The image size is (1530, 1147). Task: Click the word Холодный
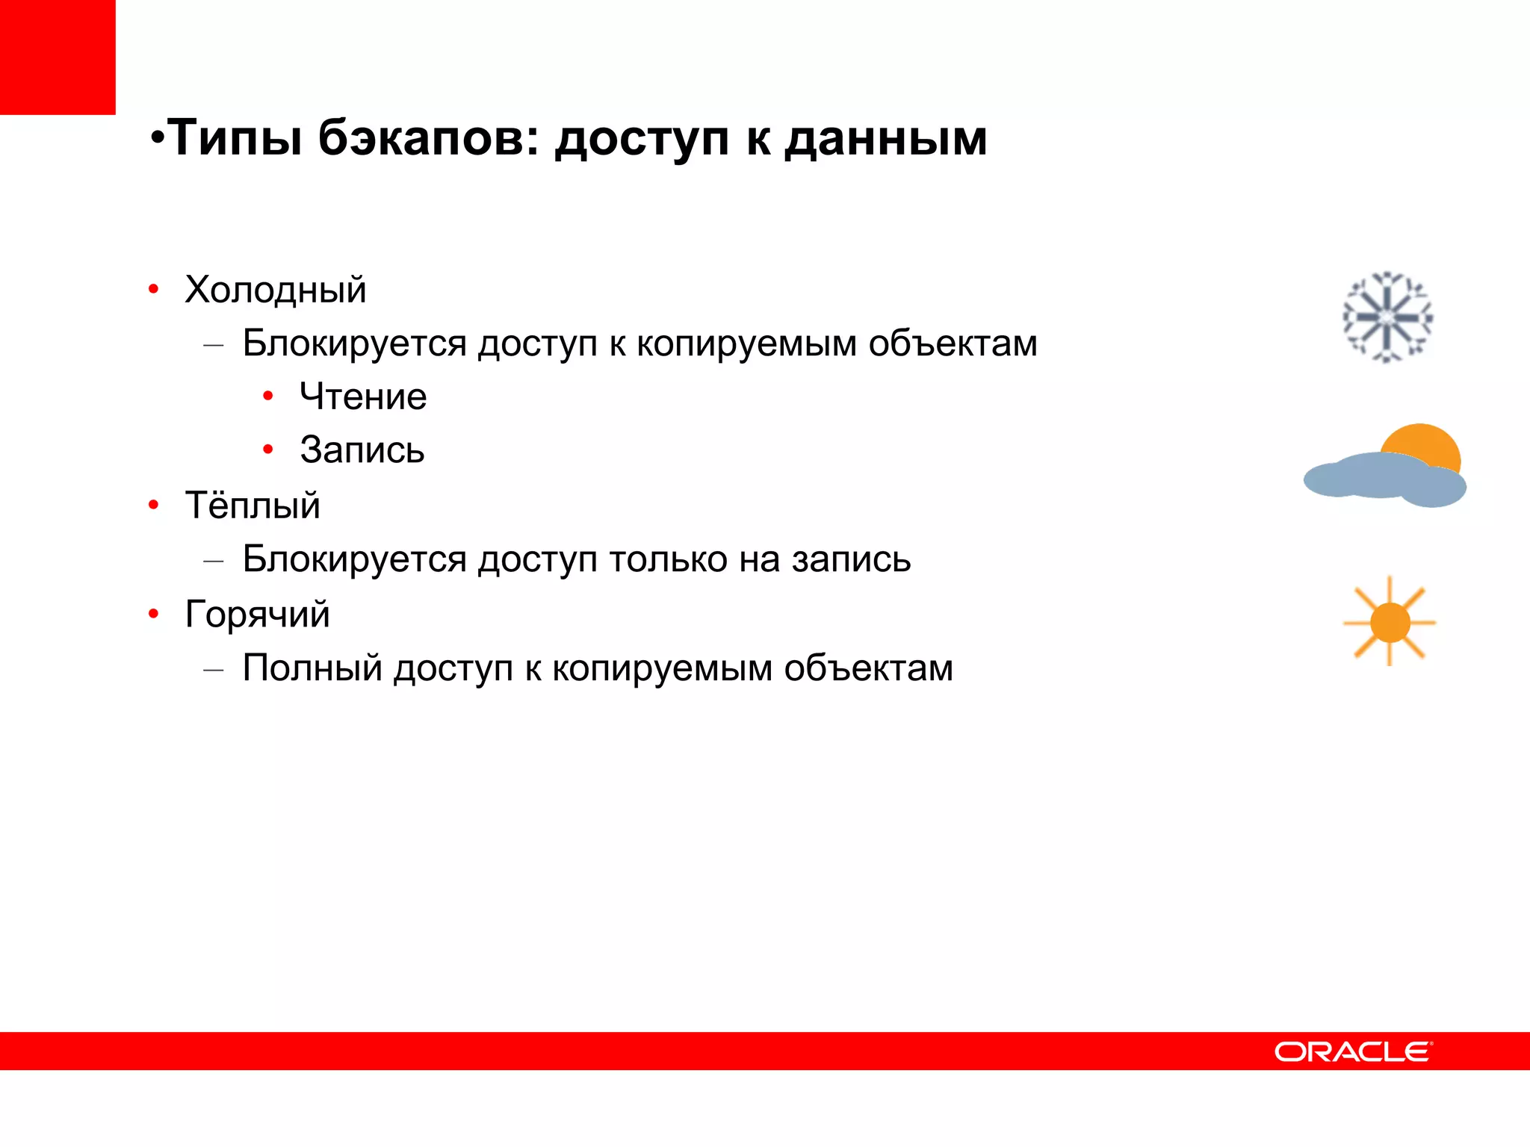point(276,290)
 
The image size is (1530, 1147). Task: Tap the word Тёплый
point(253,506)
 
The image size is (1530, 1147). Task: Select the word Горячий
point(257,615)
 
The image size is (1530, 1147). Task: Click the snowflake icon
point(1387,317)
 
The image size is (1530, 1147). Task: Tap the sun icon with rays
point(1390,622)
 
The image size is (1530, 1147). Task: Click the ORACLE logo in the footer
point(1353,1051)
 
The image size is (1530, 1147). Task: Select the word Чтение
point(363,397)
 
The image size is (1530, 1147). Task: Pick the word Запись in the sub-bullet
point(362,450)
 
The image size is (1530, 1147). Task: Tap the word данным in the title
point(885,140)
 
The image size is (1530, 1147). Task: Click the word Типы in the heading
point(235,140)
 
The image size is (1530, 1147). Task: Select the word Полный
point(312,668)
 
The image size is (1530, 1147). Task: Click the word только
point(668,559)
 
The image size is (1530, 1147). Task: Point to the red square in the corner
point(58,57)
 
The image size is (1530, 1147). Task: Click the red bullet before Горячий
point(154,615)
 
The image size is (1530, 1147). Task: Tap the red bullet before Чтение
point(268,396)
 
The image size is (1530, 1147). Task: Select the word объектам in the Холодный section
point(953,344)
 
